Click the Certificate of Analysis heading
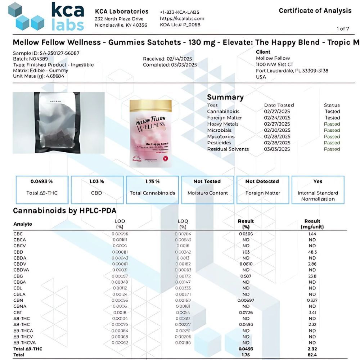coord(315,10)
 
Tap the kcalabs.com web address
coord(182,18)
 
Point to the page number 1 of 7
coord(343,28)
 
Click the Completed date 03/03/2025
coord(170,65)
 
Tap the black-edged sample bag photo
coord(59,122)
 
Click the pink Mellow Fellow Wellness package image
coord(151,133)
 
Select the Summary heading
coord(225,97)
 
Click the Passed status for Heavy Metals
coord(332,124)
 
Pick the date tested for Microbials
coord(277,130)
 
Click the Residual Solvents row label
coord(228,149)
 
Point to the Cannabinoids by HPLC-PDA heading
coord(64,211)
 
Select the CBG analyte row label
coord(18,276)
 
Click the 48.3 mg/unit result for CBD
coord(312,252)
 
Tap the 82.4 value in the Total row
coord(312,355)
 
